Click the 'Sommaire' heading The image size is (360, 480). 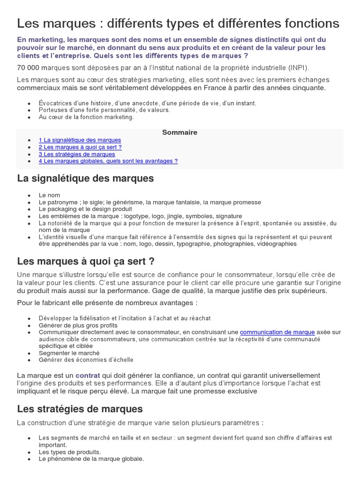pyautogui.click(x=180, y=132)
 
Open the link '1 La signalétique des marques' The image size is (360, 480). pyautogui.click(x=80, y=140)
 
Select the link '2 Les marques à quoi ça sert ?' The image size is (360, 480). pyautogui.click(x=80, y=147)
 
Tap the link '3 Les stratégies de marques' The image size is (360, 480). pyautogui.click(x=77, y=154)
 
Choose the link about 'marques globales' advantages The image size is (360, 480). pyautogui.click(x=108, y=161)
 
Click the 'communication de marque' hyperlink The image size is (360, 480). pyautogui.click(x=277, y=332)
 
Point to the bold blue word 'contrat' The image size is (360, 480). pyautogui.click(x=88, y=375)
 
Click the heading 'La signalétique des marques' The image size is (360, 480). pyautogui.click(x=85, y=179)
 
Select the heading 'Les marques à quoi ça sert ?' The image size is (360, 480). pyautogui.click(x=86, y=261)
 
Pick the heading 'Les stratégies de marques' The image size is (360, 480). pyautogui.click(x=80, y=409)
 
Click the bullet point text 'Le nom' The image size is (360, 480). pyautogui.click(x=49, y=195)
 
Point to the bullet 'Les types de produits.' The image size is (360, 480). pyautogui.click(x=70, y=452)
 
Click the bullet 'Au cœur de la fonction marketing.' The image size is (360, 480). pyautogui.click(x=86, y=117)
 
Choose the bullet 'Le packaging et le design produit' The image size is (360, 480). pyautogui.click(x=85, y=209)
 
